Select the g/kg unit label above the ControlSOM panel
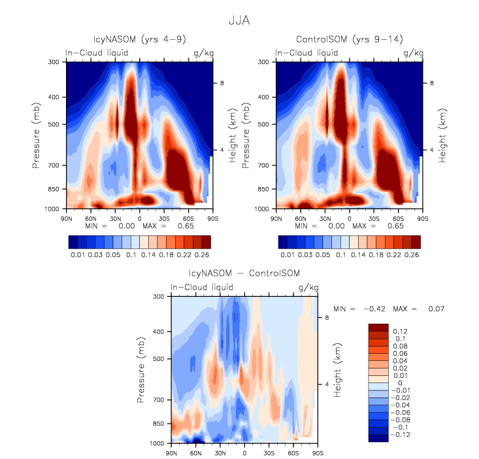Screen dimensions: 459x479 coord(413,52)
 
